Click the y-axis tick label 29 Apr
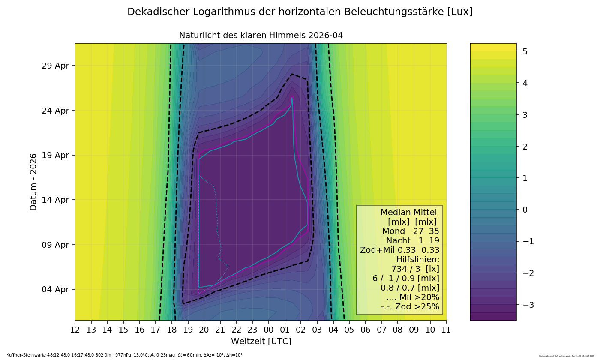pos(55,66)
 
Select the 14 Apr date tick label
pos(55,200)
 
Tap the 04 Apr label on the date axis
pos(55,289)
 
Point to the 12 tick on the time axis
pos(75,330)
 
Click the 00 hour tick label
pos(269,330)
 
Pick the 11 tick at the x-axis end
pos(446,330)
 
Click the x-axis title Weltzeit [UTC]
pos(261,342)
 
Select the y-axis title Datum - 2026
pos(33,182)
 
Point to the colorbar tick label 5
pos(525,51)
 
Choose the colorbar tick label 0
pos(525,210)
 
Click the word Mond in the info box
pos(393,231)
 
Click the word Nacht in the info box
pos(398,241)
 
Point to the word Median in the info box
pos(395,213)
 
